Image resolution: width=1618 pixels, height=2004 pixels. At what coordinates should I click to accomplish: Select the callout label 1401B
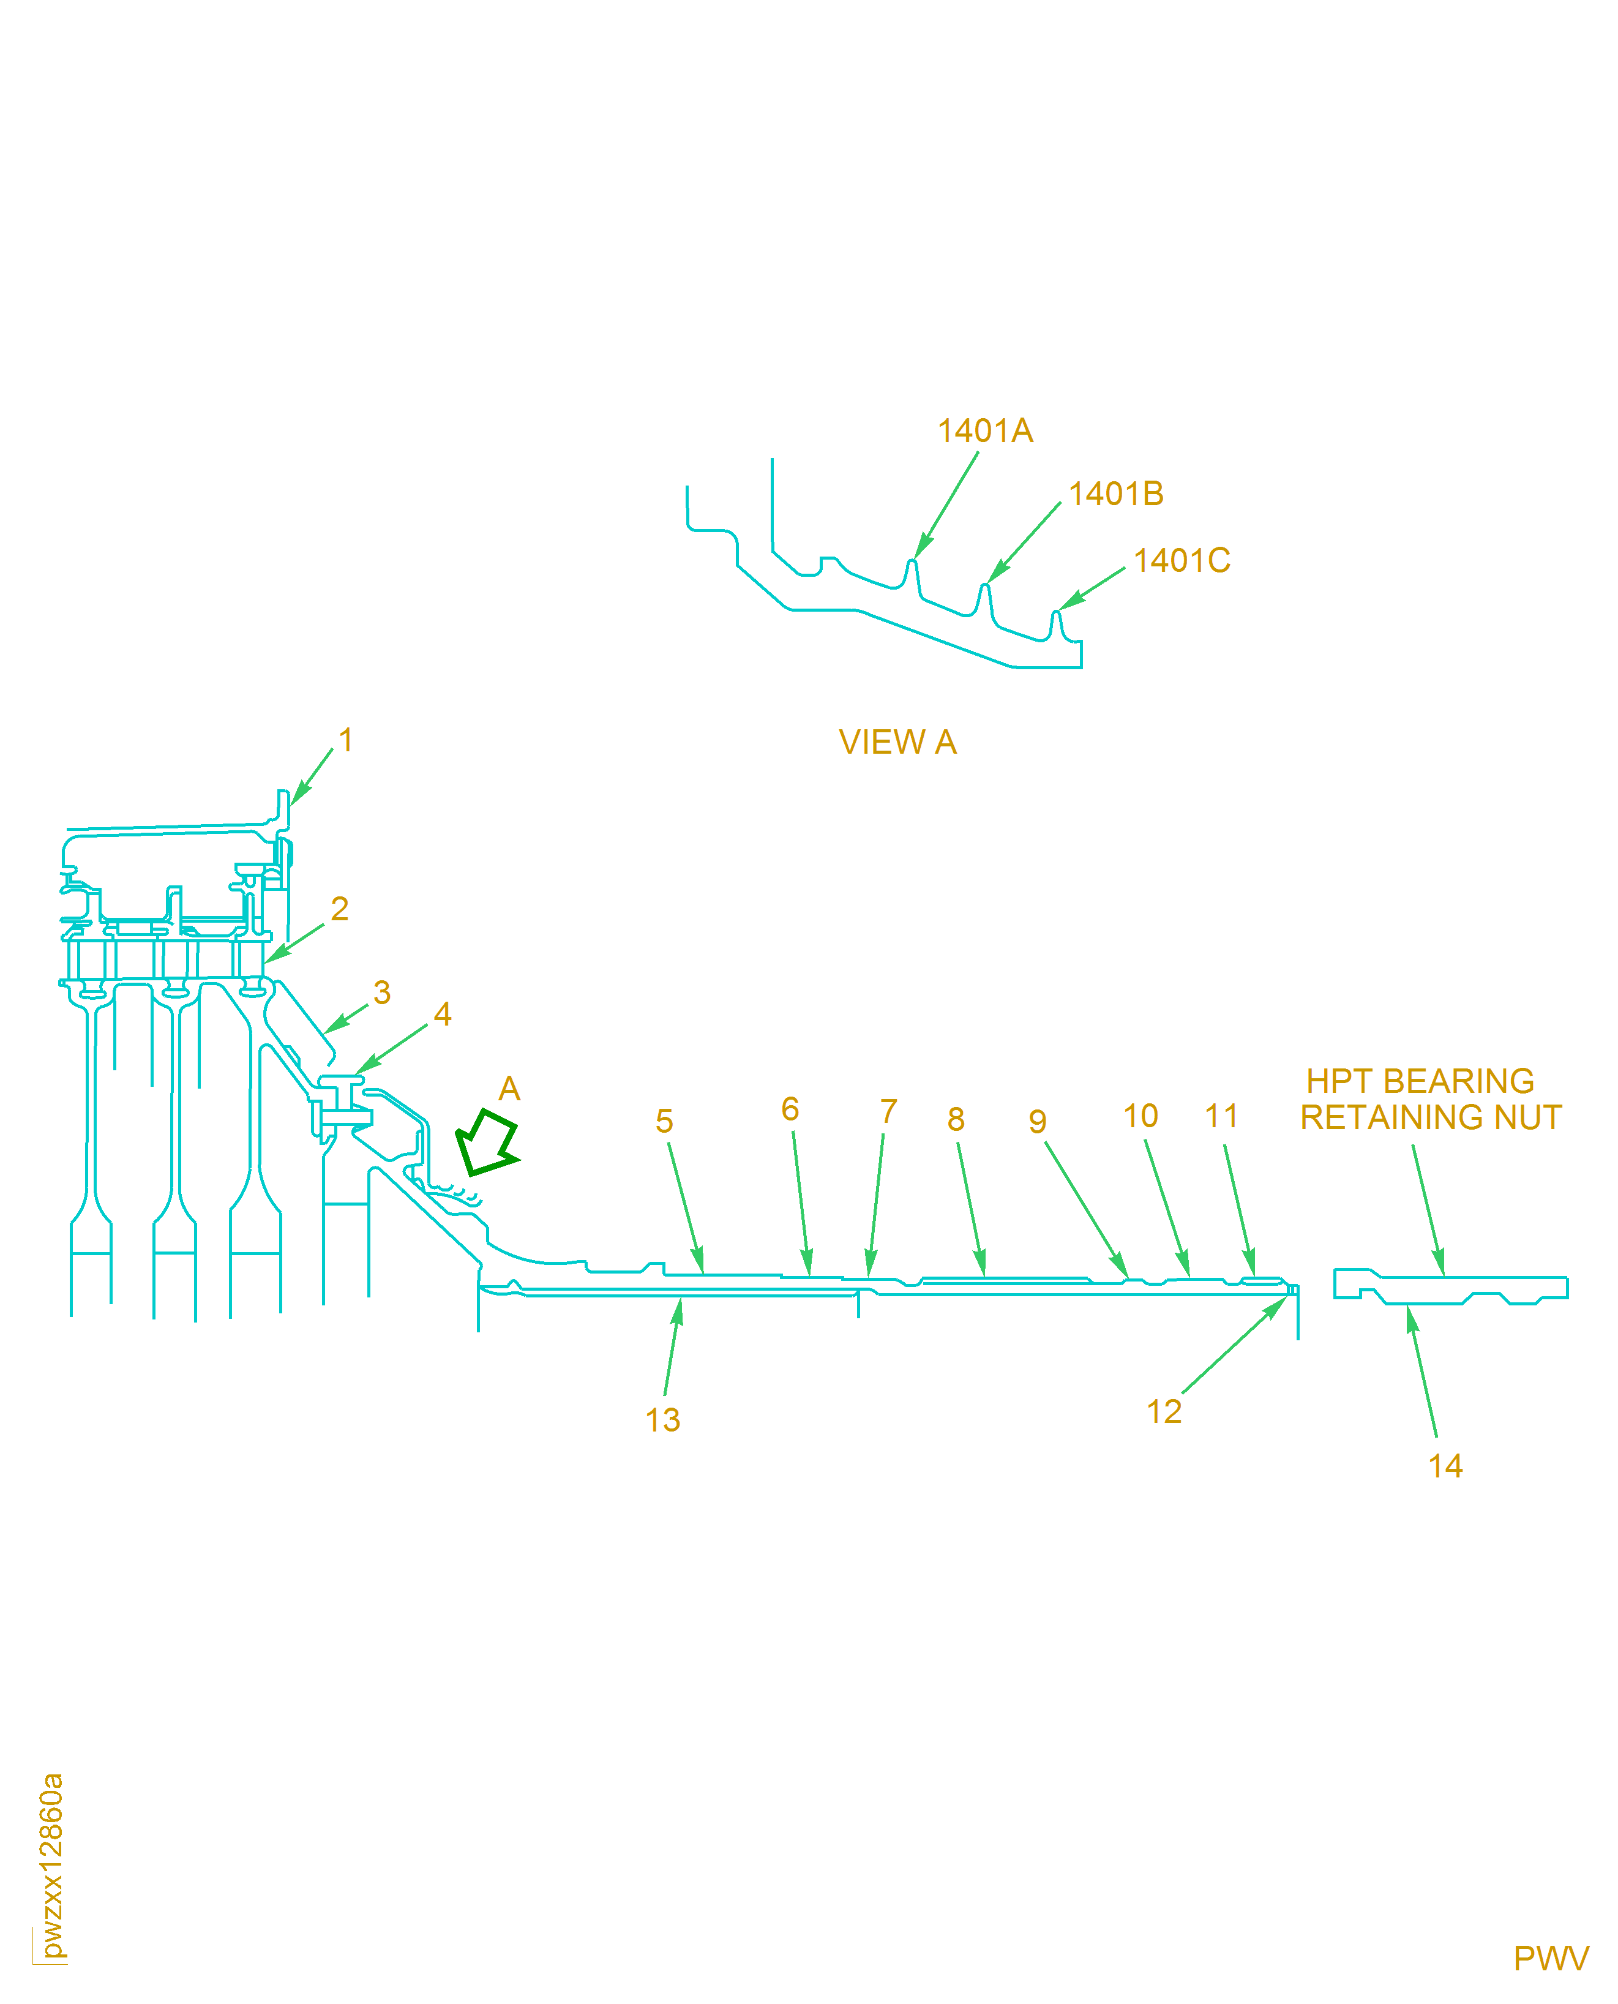1115,494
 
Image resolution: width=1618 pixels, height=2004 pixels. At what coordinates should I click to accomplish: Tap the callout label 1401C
1182,561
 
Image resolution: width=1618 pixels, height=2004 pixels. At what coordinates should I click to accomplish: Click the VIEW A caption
897,742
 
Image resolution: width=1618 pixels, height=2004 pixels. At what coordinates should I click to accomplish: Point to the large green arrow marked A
487,1143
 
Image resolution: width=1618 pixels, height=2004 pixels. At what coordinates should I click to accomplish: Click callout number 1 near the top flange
346,740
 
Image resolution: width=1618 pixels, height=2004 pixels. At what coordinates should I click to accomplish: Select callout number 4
443,1014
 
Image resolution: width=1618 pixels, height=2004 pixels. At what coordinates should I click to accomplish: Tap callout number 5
664,1121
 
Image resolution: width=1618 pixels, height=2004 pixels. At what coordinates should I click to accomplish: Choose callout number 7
888,1111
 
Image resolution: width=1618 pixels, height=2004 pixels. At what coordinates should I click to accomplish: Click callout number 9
1038,1121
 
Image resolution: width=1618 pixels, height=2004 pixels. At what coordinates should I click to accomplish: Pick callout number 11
1221,1116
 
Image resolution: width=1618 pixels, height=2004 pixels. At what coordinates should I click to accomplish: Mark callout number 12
1164,1411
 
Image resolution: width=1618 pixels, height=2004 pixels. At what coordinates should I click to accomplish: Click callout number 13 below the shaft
662,1420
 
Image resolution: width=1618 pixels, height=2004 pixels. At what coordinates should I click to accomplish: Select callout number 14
1445,1466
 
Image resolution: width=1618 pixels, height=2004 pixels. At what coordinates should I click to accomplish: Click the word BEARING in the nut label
1459,1081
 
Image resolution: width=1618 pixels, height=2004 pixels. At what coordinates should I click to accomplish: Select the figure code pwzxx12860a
52,1865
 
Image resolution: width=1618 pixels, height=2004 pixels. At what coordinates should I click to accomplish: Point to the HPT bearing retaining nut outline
1449,1289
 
